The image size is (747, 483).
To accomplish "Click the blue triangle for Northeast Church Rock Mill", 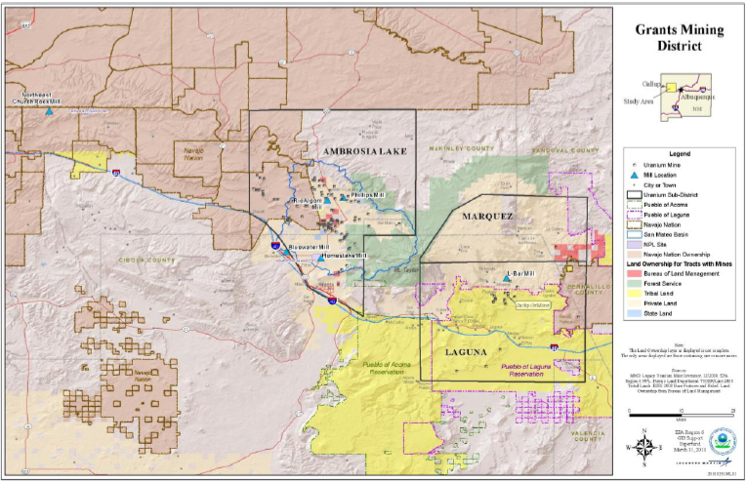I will click(x=49, y=112).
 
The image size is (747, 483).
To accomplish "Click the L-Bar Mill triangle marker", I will click(x=506, y=280).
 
